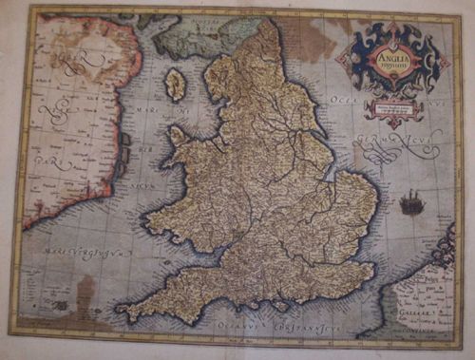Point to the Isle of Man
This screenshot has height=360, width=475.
[x=175, y=85]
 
